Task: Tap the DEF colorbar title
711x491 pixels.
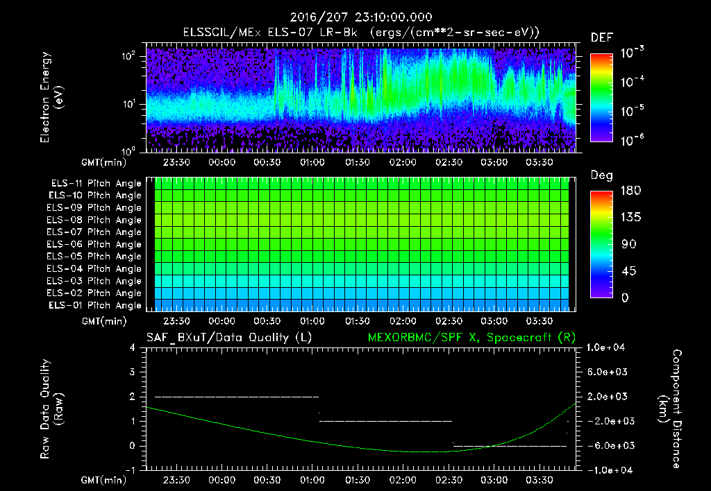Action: [601, 37]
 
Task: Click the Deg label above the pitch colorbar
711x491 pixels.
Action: [601, 175]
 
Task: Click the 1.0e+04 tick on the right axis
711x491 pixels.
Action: [608, 347]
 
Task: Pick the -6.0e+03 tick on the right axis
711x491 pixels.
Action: [608, 446]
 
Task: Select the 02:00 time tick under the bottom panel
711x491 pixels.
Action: [403, 479]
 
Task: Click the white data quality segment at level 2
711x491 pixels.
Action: [236, 397]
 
